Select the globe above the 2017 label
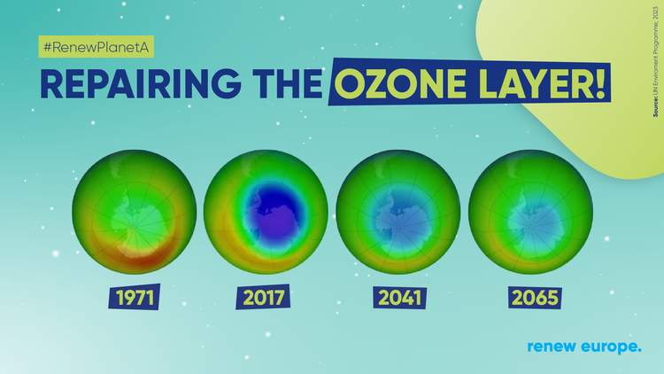[266, 214]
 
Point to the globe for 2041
[398, 214]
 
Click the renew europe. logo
[583, 347]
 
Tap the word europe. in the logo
[611, 347]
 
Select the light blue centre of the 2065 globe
[531, 218]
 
